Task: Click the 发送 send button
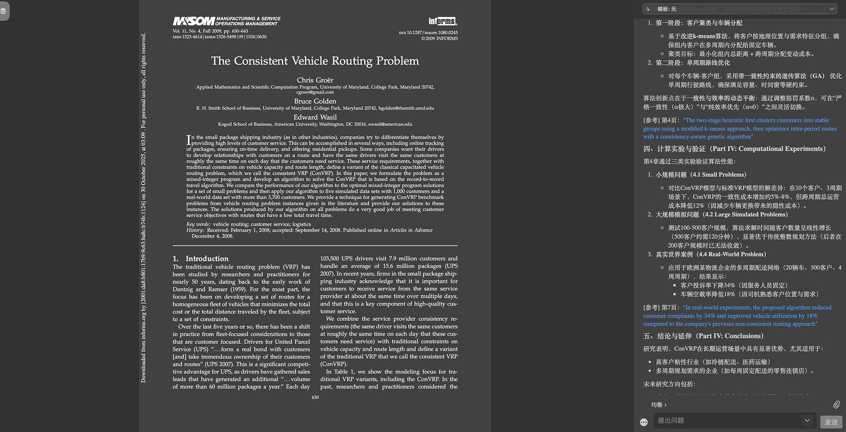tap(831, 421)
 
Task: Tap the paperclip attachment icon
tap(837, 404)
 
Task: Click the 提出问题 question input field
tap(728, 421)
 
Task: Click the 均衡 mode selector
tap(659, 404)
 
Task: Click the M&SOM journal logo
tap(227, 22)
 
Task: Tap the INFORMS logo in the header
tap(442, 22)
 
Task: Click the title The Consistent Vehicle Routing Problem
tap(315, 61)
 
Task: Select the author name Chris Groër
tap(315, 80)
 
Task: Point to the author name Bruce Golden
tap(315, 101)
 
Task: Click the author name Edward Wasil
tap(315, 117)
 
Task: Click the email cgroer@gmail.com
tap(315, 92)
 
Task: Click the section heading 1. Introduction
tap(200, 259)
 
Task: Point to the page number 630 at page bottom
tap(315, 397)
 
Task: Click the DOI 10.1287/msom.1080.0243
tap(431, 32)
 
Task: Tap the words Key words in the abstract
tap(199, 225)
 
